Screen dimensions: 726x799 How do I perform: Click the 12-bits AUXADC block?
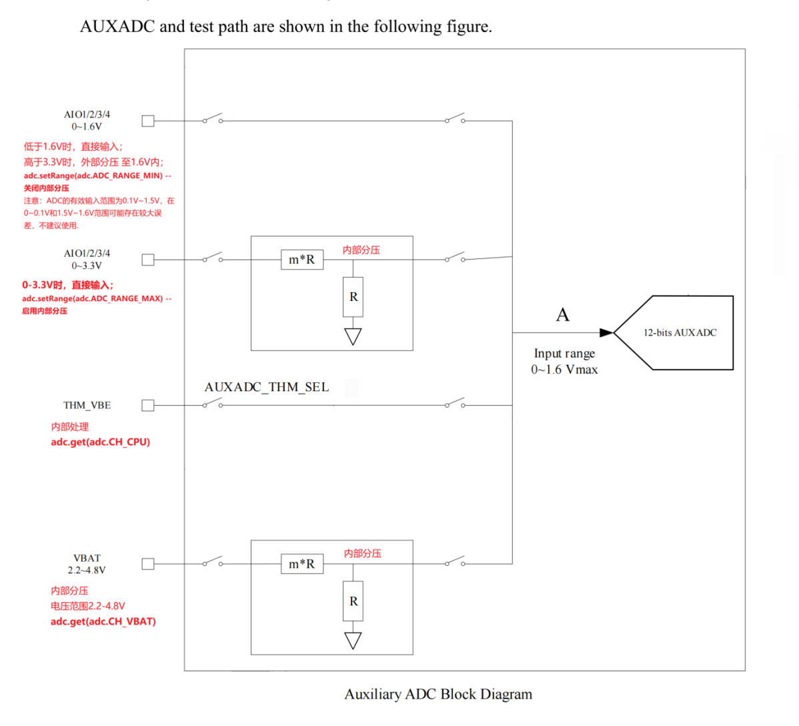pyautogui.click(x=680, y=332)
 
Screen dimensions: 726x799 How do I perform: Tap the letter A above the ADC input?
pyautogui.click(x=563, y=315)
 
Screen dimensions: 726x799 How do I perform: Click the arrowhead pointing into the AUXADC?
pyautogui.click(x=606, y=332)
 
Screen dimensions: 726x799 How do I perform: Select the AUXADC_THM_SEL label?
pyautogui.click(x=267, y=387)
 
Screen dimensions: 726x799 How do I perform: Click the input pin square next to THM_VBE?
pyautogui.click(x=148, y=405)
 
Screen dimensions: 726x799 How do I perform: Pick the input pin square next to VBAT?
pyautogui.click(x=148, y=564)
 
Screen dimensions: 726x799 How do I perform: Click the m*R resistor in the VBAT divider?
pyautogui.click(x=301, y=564)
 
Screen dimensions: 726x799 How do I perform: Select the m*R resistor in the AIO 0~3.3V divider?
pyautogui.click(x=301, y=260)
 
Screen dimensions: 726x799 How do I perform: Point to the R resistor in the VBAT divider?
pyautogui.click(x=353, y=601)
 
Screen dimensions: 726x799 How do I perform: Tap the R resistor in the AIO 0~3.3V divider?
pyautogui.click(x=353, y=297)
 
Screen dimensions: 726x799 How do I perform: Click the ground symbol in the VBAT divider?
pyautogui.click(x=353, y=641)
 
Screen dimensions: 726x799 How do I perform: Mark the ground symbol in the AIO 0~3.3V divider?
pyautogui.click(x=353, y=336)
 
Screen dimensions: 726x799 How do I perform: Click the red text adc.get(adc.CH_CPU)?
pyautogui.click(x=101, y=442)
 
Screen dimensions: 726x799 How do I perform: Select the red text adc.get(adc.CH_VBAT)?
pyautogui.click(x=103, y=621)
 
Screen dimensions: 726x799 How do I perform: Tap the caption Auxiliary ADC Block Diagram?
pyautogui.click(x=438, y=694)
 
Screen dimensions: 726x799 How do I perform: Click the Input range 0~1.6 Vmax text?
pyautogui.click(x=564, y=362)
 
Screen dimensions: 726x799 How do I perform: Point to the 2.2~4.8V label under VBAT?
pyautogui.click(x=87, y=570)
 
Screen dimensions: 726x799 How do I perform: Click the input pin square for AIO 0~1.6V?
pyautogui.click(x=148, y=121)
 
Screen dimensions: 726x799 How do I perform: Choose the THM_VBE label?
pyautogui.click(x=87, y=405)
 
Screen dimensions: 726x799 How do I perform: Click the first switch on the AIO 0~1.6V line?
pyautogui.click(x=212, y=119)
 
